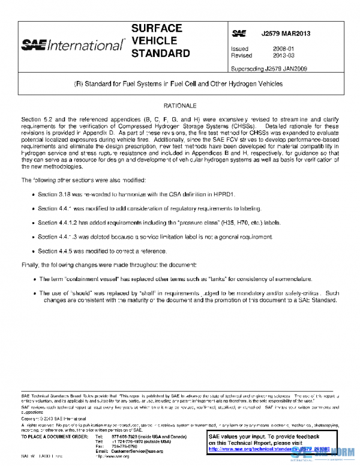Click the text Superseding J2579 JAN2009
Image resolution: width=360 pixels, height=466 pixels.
click(x=269, y=69)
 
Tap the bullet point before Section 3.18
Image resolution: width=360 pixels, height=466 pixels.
click(x=32, y=195)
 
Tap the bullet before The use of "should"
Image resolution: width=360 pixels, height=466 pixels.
click(x=32, y=293)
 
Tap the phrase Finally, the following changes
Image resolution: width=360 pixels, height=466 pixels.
click(x=62, y=265)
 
